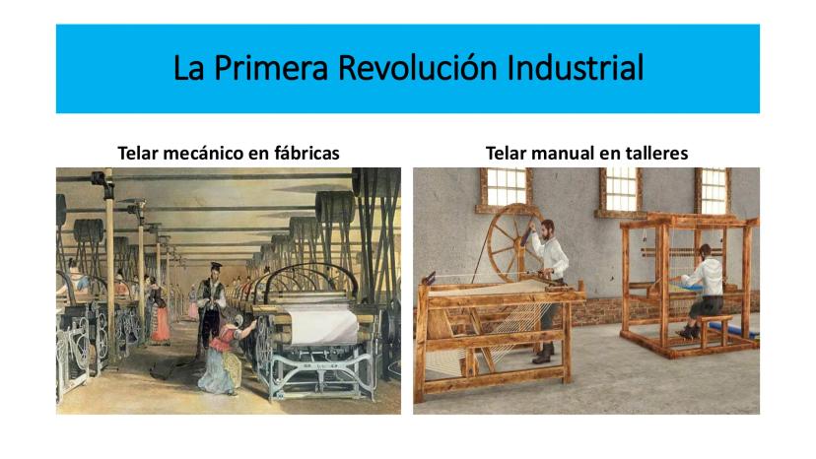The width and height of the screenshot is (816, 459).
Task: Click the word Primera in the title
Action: [271, 68]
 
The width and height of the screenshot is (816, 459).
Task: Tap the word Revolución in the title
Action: [418, 68]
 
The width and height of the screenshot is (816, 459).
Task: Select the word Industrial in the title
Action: [576, 68]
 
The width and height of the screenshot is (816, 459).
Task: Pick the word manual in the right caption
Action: [566, 153]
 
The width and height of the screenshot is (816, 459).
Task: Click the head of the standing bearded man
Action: [547, 228]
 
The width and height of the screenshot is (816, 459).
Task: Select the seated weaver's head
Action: [705, 250]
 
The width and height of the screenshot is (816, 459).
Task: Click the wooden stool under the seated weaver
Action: [714, 330]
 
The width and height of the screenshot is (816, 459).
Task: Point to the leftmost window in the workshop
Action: [505, 187]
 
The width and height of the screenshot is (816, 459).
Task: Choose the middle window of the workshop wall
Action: [619, 189]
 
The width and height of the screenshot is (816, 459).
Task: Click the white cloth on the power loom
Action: [323, 324]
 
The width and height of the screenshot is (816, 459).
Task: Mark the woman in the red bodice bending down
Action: [226, 354]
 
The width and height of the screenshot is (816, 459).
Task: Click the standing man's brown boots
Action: [543, 356]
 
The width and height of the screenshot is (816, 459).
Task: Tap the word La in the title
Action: [188, 68]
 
